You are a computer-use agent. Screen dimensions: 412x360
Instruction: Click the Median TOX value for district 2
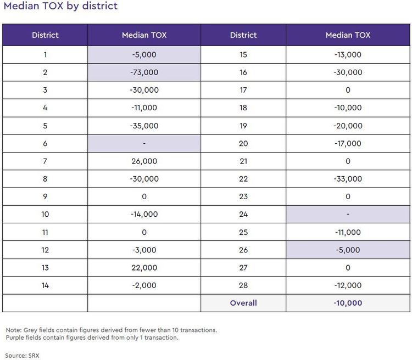144,72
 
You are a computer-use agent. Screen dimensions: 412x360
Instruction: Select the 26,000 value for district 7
144,161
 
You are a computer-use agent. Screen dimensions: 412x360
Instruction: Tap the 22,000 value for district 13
144,268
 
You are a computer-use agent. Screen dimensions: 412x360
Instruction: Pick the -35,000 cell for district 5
144,126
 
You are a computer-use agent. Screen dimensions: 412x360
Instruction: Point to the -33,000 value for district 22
348,179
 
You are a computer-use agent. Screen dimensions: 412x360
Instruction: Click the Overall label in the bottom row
243,303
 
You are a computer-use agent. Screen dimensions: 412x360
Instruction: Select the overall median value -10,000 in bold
348,303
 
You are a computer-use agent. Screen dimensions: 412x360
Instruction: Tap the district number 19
243,126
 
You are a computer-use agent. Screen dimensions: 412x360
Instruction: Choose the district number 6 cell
45,143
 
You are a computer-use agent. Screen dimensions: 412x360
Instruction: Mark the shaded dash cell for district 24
348,214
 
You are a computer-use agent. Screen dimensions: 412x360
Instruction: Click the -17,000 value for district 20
348,143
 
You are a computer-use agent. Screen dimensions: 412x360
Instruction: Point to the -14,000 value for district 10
144,214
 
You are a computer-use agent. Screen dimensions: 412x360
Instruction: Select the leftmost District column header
45,35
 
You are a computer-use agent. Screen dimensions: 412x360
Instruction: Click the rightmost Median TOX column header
348,35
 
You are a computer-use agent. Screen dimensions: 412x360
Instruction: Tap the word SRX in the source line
34,356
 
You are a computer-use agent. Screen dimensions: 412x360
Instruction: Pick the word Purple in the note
15,337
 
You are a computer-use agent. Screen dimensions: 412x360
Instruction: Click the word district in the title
100,6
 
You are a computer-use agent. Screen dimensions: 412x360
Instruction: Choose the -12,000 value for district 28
348,285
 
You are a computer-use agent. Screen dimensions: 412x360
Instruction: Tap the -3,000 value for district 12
144,250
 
